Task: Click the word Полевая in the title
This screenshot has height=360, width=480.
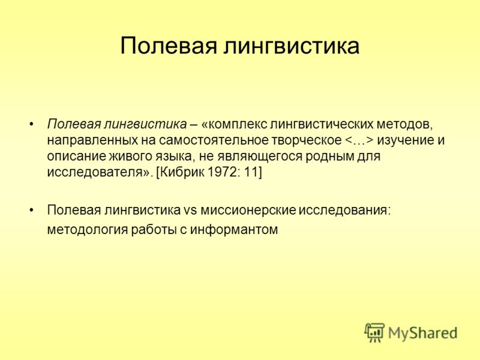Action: click(169, 46)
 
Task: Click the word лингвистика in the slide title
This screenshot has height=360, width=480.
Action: click(291, 46)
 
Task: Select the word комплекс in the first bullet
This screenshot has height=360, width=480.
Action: click(235, 124)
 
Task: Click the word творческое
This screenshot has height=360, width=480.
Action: click(306, 141)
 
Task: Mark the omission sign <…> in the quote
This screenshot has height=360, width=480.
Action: click(359, 140)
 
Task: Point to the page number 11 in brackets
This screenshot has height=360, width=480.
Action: click(253, 172)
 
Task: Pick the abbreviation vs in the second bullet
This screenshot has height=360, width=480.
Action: click(190, 211)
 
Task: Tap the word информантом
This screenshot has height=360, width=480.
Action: click(234, 230)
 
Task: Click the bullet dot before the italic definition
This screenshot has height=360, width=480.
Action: click(31, 124)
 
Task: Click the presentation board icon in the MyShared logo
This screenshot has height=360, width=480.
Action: click(374, 332)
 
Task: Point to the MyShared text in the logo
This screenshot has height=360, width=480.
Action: click(422, 333)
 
